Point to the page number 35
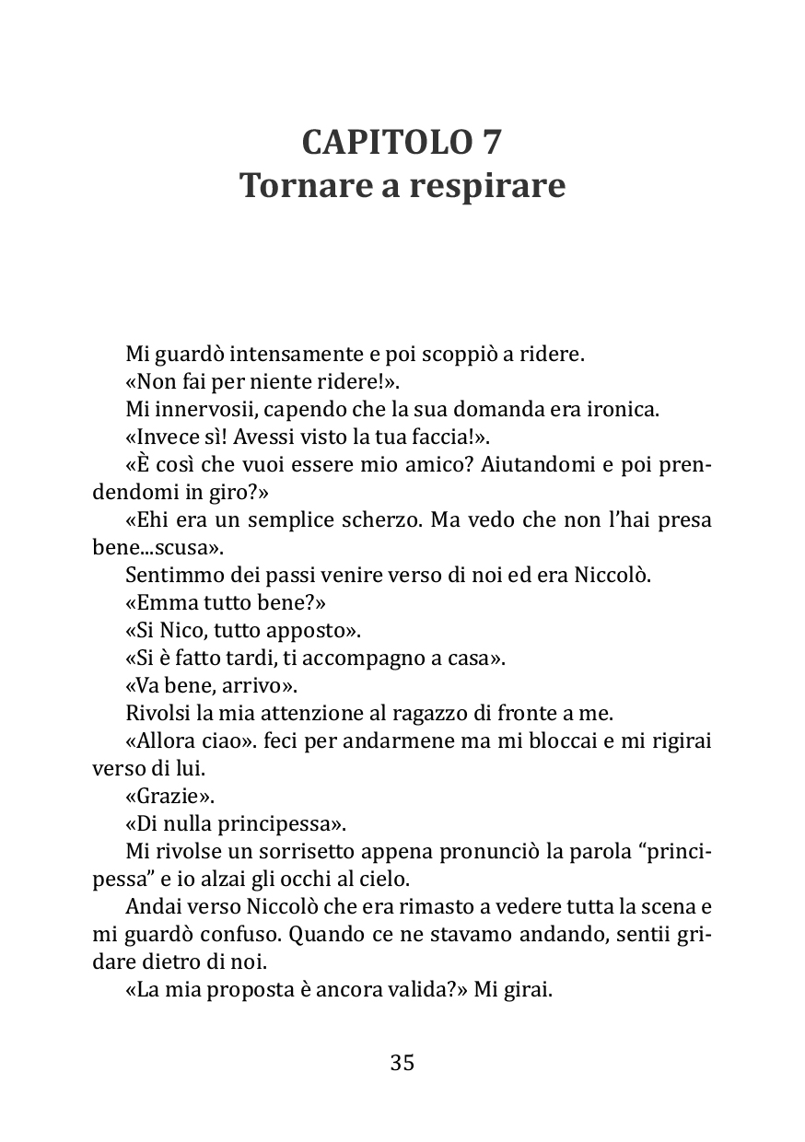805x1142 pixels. tap(402, 1063)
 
